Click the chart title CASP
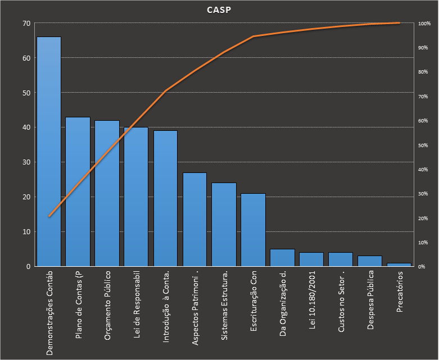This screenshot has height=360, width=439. (219, 10)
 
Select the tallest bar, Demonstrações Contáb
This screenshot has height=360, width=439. (49, 152)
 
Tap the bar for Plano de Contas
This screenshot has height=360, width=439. (78, 192)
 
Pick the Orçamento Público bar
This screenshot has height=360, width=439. (107, 193)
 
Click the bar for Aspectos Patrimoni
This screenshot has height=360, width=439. (195, 219)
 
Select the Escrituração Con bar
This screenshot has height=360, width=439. (254, 230)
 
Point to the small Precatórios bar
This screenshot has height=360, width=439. (399, 265)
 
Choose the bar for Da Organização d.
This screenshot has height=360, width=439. (282, 258)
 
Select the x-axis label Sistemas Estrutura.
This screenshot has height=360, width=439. (224, 307)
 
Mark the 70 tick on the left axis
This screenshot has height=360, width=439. (26, 24)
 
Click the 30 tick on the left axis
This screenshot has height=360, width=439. (26, 162)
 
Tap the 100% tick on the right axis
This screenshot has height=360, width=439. (424, 24)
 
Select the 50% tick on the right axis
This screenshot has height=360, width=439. (424, 145)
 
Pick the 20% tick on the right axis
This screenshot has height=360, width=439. (424, 218)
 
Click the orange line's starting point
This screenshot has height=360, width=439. (49, 216)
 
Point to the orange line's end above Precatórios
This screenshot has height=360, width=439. (399, 23)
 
